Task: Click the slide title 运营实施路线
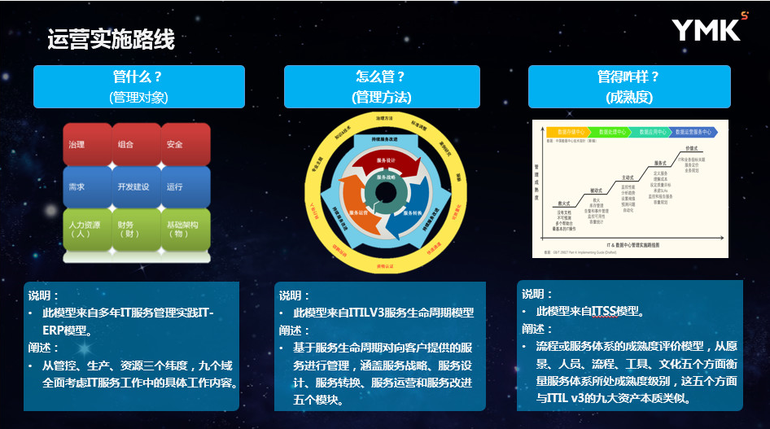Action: (x=111, y=39)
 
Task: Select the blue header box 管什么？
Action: (x=138, y=86)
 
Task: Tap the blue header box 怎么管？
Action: (x=382, y=86)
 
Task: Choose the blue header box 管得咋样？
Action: (x=629, y=86)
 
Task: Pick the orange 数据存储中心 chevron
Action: (x=567, y=131)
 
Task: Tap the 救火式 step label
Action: (x=562, y=203)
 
